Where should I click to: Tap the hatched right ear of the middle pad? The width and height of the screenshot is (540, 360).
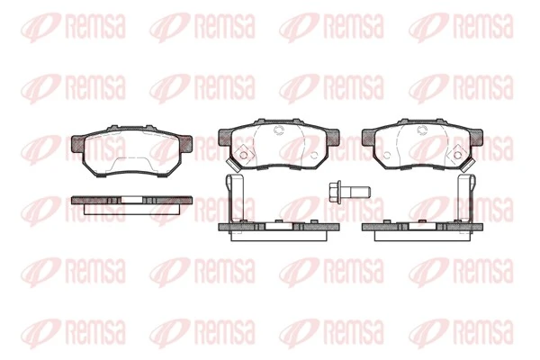point(333,137)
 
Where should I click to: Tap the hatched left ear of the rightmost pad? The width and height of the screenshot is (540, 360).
point(368,137)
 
